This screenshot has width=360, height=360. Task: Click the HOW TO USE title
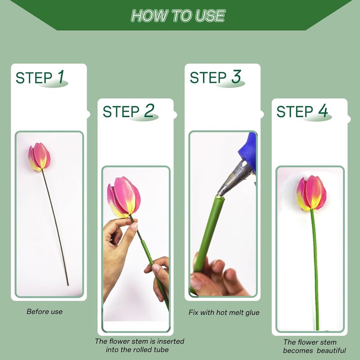click(178, 16)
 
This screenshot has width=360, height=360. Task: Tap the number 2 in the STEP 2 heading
click(148, 111)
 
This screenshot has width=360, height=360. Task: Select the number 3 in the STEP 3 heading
click(236, 77)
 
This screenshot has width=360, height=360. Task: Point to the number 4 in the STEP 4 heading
click(323, 112)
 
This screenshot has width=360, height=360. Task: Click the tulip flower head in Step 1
click(39, 157)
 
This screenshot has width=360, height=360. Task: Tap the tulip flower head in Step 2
click(124, 197)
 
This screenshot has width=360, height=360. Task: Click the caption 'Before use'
click(45, 311)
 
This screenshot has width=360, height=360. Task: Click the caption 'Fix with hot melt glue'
click(224, 312)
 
